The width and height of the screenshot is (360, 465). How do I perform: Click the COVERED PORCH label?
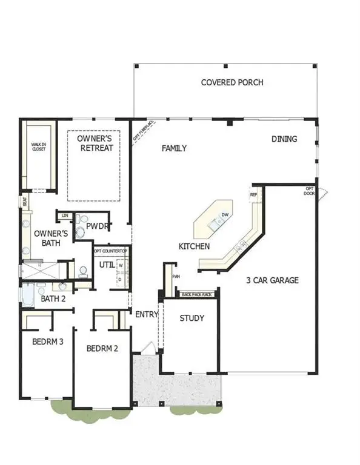click(x=232, y=82)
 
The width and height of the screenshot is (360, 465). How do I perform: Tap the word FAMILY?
click(x=173, y=148)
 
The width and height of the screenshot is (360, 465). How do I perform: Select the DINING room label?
click(x=284, y=139)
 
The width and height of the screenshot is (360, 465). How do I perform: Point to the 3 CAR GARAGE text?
click(x=273, y=280)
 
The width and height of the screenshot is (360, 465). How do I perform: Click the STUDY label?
click(x=192, y=318)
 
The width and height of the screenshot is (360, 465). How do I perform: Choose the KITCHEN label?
click(x=194, y=246)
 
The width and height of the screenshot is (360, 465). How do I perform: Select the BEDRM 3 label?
click(x=47, y=341)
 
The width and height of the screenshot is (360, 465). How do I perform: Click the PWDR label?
click(x=96, y=226)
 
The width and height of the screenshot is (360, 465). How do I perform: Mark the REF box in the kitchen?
click(x=253, y=195)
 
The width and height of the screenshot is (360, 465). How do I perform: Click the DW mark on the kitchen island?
click(x=224, y=215)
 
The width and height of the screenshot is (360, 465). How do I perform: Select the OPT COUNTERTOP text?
click(x=110, y=251)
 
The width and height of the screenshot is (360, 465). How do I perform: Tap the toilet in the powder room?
click(x=81, y=232)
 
